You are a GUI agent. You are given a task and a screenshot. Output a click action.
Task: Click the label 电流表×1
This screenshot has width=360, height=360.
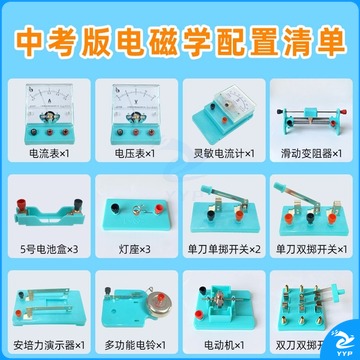tap(50, 154)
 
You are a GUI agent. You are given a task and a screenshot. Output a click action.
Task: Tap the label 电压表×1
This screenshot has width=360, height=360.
tap(135, 154)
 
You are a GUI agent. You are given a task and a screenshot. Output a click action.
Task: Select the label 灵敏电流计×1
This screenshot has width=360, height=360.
tap(224, 154)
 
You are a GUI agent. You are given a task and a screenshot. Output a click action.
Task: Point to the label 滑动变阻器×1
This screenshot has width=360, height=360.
tap(311, 154)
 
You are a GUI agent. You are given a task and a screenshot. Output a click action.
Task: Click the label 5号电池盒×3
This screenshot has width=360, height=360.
tap(49, 249)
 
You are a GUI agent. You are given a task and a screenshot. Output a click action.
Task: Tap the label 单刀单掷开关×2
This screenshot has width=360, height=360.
tap(224, 249)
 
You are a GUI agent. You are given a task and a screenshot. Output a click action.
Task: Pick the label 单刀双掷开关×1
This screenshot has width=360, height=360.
tap(311, 249)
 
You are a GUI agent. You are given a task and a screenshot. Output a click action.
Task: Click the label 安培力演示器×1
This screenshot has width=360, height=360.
tap(49, 345)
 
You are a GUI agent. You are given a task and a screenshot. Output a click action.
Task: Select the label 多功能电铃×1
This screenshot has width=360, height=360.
tap(135, 345)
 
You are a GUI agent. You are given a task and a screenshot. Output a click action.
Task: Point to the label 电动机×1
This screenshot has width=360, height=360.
tap(224, 345)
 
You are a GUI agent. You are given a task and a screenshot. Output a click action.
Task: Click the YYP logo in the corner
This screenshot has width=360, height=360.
tap(342, 344)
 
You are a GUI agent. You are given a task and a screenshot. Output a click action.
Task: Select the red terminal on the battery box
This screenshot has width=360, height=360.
tap(22, 204)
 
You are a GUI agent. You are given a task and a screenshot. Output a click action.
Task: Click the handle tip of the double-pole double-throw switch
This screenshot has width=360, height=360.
tap(340, 291)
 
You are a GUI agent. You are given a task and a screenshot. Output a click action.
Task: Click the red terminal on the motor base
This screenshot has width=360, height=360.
tap(200, 314)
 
